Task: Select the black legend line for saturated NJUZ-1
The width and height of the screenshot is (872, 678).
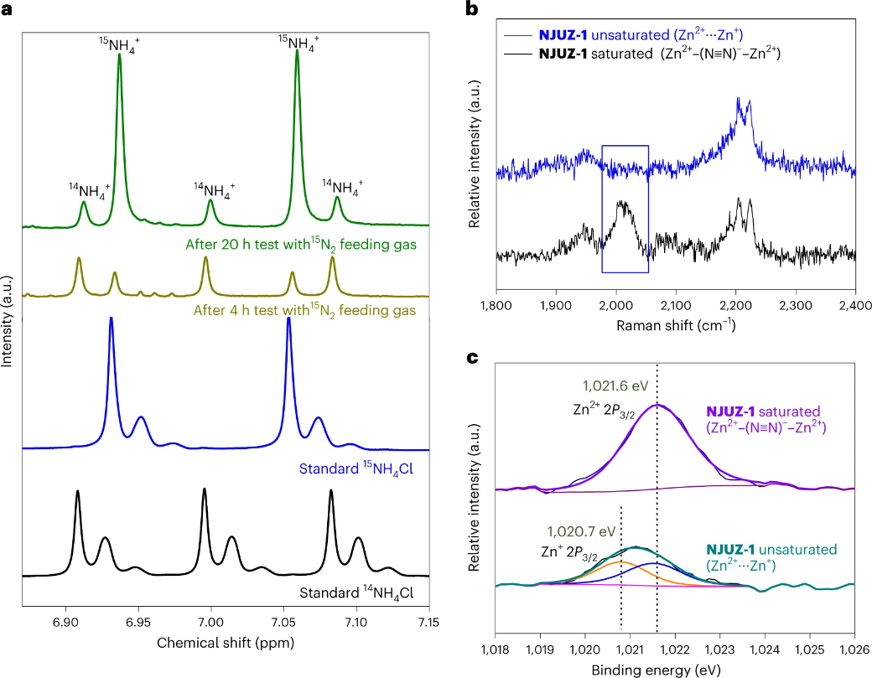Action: [x=518, y=56]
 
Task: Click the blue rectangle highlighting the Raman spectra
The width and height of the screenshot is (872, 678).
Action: [x=625, y=146]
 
